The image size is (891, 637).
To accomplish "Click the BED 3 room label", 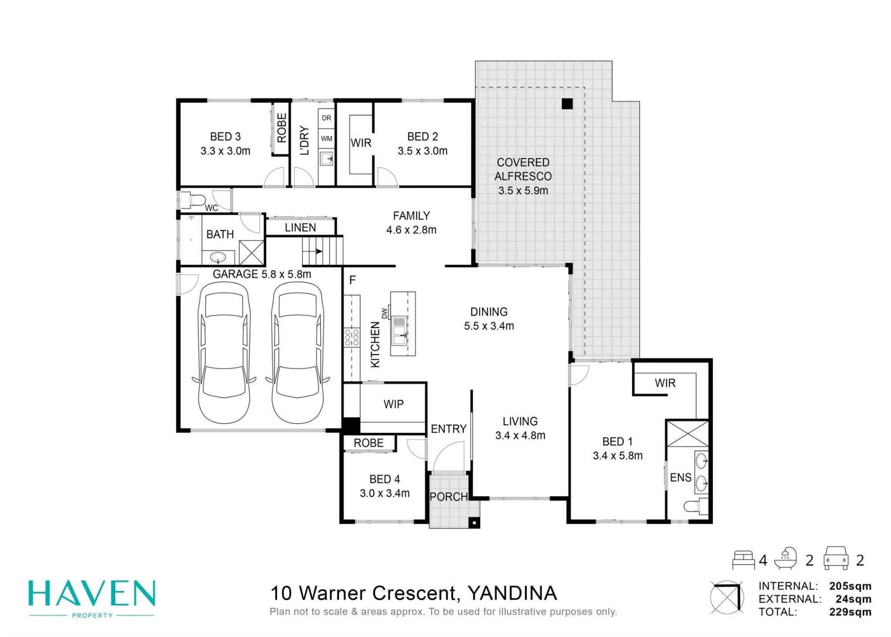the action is pyautogui.click(x=225, y=136).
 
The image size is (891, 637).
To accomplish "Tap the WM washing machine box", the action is pyautogui.click(x=327, y=139).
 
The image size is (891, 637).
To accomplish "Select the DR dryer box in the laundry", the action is pyautogui.click(x=327, y=118).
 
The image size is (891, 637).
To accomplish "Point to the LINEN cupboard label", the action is pyautogui.click(x=300, y=228).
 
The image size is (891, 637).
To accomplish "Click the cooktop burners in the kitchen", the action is pyautogui.click(x=351, y=337).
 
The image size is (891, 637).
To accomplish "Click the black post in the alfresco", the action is pyautogui.click(x=567, y=104).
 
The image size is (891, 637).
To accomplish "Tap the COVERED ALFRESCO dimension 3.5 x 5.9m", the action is pyautogui.click(x=523, y=191).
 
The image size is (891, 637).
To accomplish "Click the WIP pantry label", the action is pyautogui.click(x=393, y=404).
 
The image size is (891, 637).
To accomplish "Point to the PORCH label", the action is pyautogui.click(x=449, y=497).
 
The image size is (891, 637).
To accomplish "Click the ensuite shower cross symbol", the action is pyautogui.click(x=687, y=433).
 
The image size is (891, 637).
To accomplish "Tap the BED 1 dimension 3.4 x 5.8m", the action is pyautogui.click(x=617, y=456).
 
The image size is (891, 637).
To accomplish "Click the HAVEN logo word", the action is pyautogui.click(x=92, y=593).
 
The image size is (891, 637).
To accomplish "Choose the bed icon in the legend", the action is pyautogui.click(x=744, y=560).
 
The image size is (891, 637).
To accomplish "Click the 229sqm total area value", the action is pyautogui.click(x=850, y=612).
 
